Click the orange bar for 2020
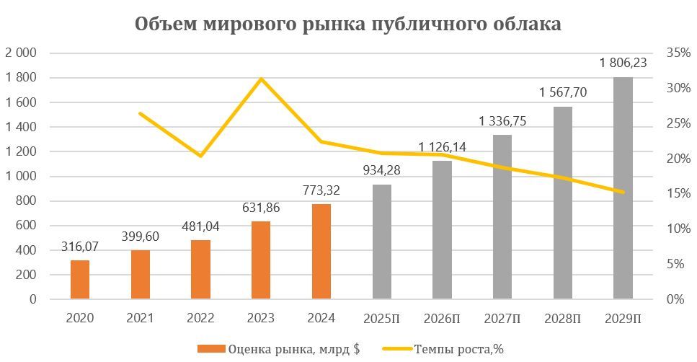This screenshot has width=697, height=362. point(80,279)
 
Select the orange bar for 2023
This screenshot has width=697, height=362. point(262,260)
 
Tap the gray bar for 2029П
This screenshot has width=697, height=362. point(623,187)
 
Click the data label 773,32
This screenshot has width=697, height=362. point(321,190)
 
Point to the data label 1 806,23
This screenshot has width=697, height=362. point(623,63)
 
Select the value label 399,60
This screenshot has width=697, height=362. point(141,237)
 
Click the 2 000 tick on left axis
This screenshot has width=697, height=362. point(22,53)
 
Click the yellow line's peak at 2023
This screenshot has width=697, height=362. point(262,79)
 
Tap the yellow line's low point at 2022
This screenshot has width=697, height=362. point(201,156)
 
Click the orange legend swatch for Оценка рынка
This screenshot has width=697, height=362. point(210,349)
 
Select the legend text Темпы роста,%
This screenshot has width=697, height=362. point(458,349)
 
